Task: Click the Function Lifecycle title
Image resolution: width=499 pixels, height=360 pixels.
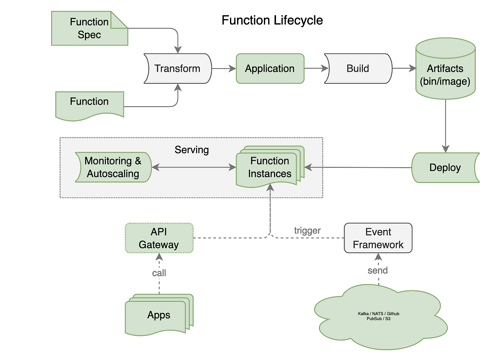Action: point(272,20)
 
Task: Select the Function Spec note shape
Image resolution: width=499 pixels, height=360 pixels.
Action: point(89,28)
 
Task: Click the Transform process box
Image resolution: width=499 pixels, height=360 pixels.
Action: point(177,69)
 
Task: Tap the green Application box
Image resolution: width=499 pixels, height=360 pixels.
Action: point(270,69)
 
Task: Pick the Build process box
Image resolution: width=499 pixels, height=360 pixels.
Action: point(358,69)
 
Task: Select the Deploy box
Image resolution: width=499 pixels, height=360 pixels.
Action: point(445,168)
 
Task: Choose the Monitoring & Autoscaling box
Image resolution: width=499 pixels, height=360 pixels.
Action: point(113,168)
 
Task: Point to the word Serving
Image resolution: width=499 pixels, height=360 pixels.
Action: point(191,150)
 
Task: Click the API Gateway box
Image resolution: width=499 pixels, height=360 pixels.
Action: point(159,238)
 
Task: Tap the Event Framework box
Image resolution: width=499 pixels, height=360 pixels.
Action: point(378,238)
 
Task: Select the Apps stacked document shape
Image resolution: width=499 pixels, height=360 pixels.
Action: point(159,315)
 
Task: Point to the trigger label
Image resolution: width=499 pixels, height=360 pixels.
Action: point(307,231)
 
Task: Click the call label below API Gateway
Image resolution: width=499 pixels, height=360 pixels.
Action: point(159,273)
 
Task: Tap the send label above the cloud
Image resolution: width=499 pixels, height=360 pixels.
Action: point(377,270)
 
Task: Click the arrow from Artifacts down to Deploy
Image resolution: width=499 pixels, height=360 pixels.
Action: point(445,125)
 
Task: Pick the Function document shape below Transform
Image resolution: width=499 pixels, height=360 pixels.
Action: point(89,103)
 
